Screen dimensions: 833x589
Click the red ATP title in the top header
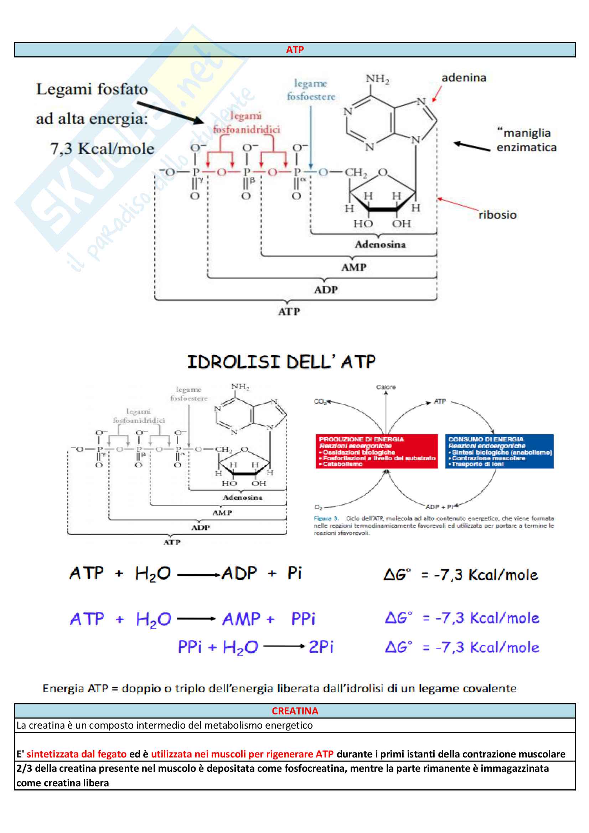pos(295,50)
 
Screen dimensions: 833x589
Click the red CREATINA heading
pos(295,711)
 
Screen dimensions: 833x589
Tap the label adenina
pos(464,78)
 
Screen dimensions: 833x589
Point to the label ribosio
pos(497,215)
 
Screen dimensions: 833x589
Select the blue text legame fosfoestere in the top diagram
pos(311,90)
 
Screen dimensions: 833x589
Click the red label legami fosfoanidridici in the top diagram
pos(246,123)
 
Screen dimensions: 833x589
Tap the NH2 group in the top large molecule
pos(377,79)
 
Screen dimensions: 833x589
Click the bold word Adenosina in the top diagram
pos(380,244)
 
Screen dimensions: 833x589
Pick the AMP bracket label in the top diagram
pos(354,267)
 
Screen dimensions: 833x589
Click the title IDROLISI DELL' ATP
pos(281,362)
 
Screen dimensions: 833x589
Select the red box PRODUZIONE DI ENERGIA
pos(377,451)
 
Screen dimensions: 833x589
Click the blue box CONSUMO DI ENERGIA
pos(499,451)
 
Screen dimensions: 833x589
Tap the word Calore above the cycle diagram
pos(386,387)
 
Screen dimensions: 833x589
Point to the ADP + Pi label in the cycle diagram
pos(439,507)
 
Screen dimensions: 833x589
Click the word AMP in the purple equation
pos(241,619)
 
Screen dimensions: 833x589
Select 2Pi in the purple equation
pos(321,647)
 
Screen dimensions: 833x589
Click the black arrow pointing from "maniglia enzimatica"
pos(472,146)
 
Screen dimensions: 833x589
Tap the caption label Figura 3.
pos(326,518)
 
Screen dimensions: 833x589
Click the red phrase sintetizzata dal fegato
pos(77,754)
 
